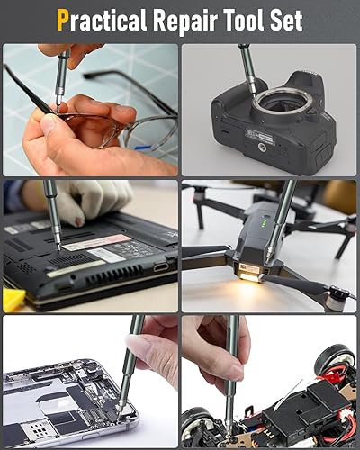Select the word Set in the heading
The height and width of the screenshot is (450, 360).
(286, 21)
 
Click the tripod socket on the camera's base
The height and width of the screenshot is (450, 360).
(263, 148)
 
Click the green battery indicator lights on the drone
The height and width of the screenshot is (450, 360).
(265, 224)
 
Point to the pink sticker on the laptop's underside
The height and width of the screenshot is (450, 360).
(96, 242)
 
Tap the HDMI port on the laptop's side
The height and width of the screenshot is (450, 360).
(161, 266)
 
